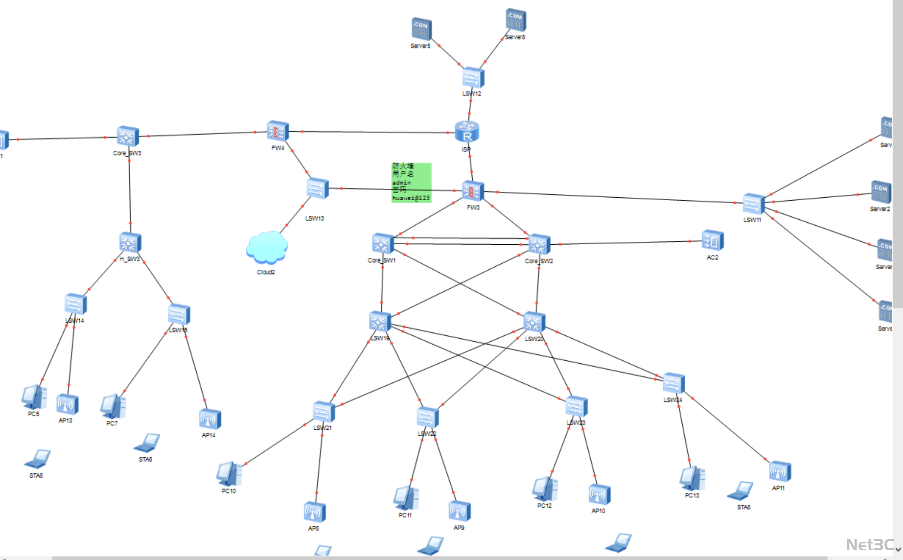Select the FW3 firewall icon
473,191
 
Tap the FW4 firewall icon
278,131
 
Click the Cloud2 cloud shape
267,248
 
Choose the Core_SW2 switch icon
539,244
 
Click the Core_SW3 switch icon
128,137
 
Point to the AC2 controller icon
712,240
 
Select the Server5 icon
421,29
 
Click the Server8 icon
515,20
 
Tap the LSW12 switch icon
473,78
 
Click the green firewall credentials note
411,183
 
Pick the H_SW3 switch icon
130,243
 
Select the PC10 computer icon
229,474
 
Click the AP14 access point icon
209,420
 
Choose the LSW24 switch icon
673,384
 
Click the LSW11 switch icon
753,204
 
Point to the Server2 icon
880,192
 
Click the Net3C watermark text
869,544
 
